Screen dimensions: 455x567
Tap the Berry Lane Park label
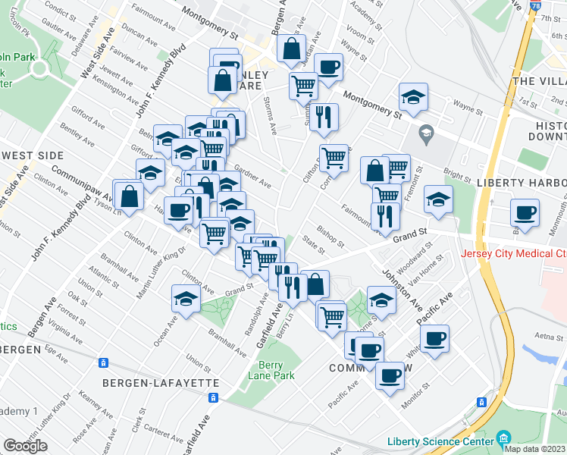[x=271, y=369]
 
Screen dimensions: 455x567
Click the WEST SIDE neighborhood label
[x=32, y=155]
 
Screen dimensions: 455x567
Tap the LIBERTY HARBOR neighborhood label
[x=522, y=184]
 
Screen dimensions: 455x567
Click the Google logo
[x=25, y=446]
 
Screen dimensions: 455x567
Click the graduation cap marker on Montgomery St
[x=413, y=97]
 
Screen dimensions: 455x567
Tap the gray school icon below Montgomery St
[x=425, y=133]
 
